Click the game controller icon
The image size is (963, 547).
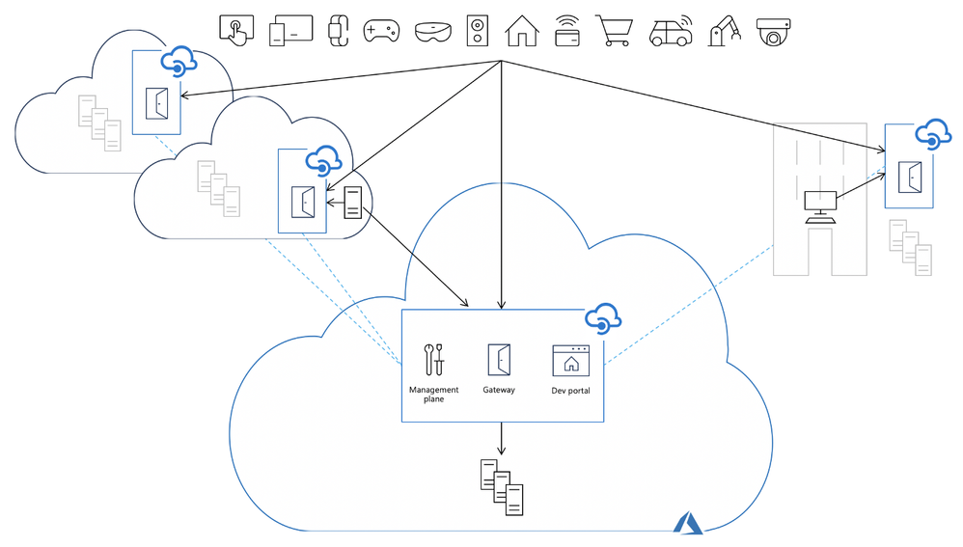(380, 31)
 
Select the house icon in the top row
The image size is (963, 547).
(522, 31)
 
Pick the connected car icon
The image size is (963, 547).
(670, 32)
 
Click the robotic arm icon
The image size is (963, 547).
(723, 31)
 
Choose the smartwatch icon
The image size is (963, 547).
(338, 31)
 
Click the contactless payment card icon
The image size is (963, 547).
(567, 32)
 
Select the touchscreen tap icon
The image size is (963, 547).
(236, 31)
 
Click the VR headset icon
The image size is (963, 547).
(431, 32)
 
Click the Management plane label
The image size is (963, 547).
(434, 394)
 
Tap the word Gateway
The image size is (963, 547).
(499, 390)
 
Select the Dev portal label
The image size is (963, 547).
(570, 391)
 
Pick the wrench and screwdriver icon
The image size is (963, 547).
(434, 359)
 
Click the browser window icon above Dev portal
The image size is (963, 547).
(570, 359)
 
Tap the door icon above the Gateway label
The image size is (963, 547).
(499, 359)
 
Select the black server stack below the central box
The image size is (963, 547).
(502, 486)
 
